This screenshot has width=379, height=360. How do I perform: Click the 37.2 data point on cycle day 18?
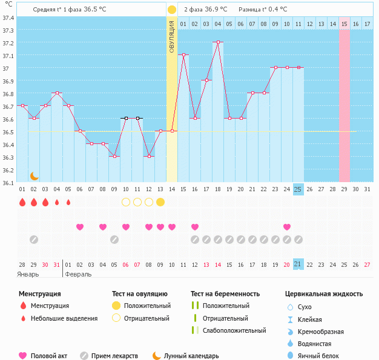tap(218, 42)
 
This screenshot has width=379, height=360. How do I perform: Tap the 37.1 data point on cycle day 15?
tap(183, 55)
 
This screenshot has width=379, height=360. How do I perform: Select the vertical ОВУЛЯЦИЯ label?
tap(172, 36)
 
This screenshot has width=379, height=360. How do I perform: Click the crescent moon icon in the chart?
tap(35, 175)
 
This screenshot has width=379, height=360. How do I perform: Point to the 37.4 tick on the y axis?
tap(8, 18)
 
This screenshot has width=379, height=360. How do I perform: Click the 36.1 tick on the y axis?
tap(8, 182)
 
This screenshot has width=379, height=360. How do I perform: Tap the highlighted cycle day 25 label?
tap(298, 189)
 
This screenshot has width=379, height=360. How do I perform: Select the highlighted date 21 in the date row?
tap(298, 264)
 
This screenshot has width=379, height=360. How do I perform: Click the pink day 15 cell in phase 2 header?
tap(344, 24)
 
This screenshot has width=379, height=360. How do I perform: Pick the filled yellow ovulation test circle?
tap(160, 202)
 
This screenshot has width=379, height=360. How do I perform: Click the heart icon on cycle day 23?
tap(286, 227)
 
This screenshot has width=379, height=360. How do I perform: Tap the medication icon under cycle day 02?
tap(34, 240)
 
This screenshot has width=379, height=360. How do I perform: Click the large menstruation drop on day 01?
tap(22, 202)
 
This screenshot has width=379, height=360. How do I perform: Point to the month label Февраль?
tap(78, 274)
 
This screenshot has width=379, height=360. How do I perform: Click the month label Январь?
tap(28, 274)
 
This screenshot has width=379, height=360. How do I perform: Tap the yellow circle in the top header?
tap(172, 10)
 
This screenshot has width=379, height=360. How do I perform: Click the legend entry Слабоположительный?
tap(235, 330)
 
